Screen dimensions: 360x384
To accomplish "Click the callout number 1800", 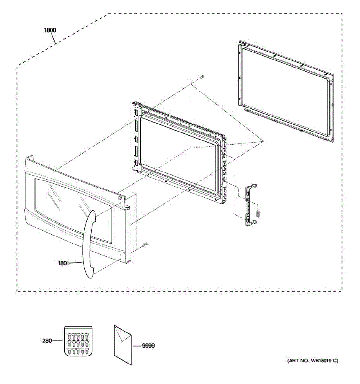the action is pyautogui.click(x=50, y=30).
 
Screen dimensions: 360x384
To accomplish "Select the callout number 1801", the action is pyautogui.click(x=63, y=263).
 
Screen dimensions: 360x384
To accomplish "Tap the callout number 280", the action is pyautogui.click(x=47, y=341).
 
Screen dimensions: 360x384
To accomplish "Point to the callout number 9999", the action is pyautogui.click(x=148, y=346).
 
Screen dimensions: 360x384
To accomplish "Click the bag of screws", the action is pyautogui.click(x=78, y=341).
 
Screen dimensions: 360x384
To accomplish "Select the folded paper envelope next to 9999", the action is pyautogui.click(x=122, y=346).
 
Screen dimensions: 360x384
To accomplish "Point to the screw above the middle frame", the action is pyautogui.click(x=203, y=77).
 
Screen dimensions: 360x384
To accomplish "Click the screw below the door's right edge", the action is pyautogui.click(x=146, y=244).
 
